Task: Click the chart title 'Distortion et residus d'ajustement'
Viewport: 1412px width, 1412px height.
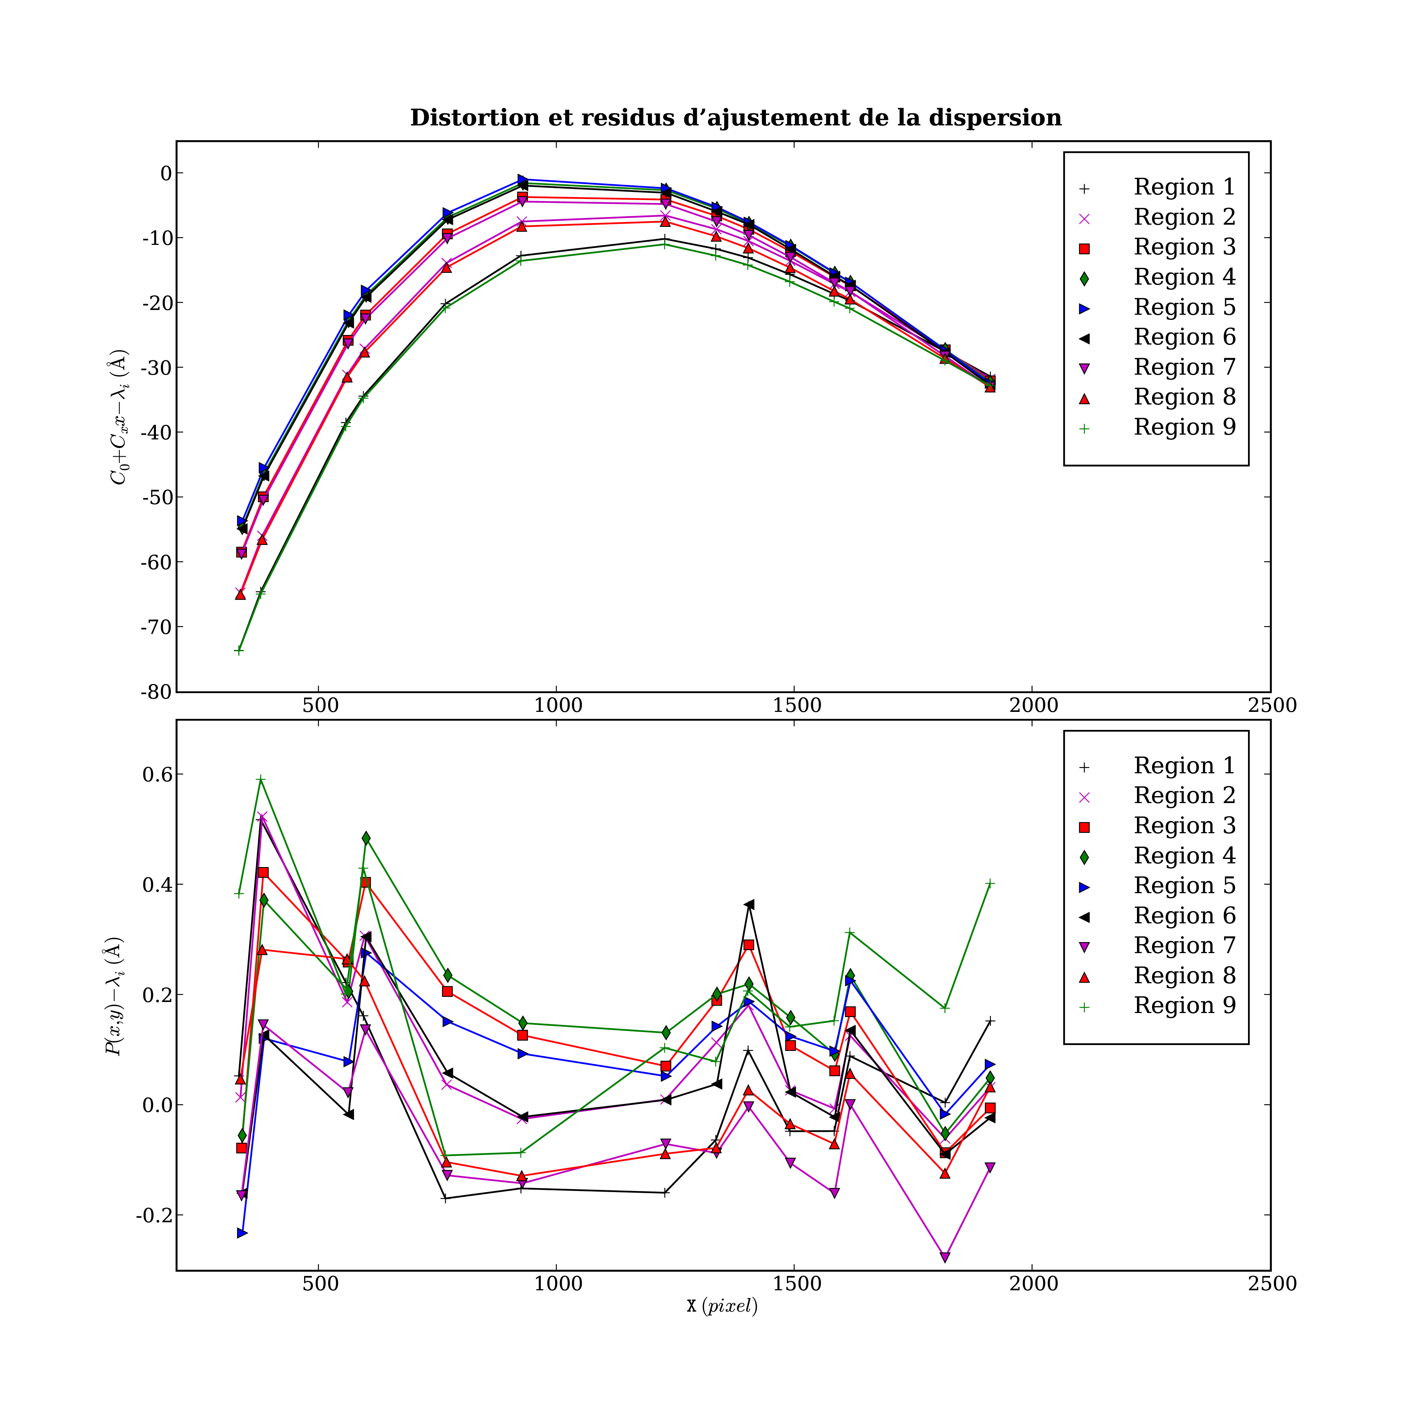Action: pos(735,118)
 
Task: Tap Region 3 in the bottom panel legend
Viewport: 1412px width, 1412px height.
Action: pos(1184,826)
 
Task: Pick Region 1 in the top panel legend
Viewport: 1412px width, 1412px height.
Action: pos(1184,187)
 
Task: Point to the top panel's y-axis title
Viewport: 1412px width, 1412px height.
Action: pos(118,417)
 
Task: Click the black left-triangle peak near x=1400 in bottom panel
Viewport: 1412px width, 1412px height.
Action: pos(749,905)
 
